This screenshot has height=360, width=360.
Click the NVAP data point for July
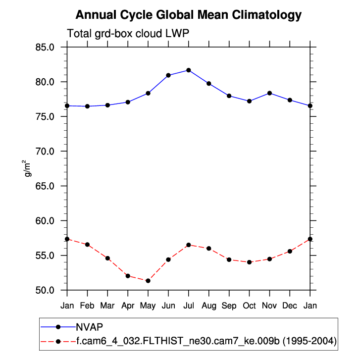tap(189, 70)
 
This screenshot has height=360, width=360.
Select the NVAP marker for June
tap(168, 75)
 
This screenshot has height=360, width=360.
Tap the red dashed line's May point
tap(148, 281)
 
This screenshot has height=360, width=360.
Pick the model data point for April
tap(128, 276)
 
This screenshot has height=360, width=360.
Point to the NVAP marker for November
tap(269, 93)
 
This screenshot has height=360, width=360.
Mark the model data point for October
tap(249, 262)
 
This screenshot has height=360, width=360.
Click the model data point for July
tap(189, 245)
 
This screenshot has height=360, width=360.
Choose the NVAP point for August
tap(208, 83)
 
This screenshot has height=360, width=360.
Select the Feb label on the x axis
tap(88, 306)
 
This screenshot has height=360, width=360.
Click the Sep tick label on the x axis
tap(229, 306)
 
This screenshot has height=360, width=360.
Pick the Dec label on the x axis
tap(290, 306)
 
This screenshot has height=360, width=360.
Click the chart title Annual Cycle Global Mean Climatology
tap(189, 15)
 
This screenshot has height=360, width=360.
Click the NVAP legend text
tap(89, 327)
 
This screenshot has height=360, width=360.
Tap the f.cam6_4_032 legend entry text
tap(206, 341)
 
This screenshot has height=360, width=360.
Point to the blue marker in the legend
tap(58, 327)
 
